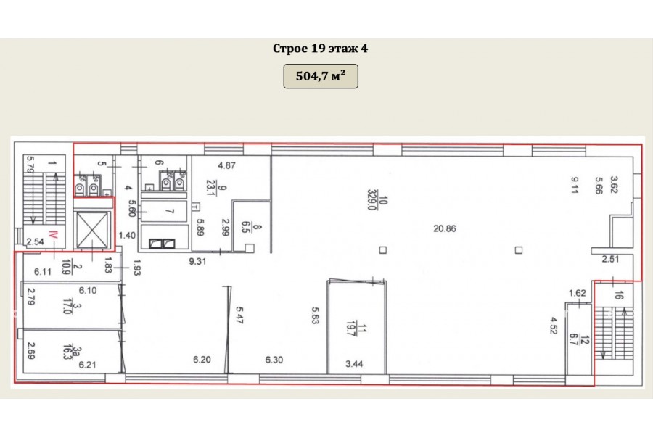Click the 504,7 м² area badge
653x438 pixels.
(321, 76)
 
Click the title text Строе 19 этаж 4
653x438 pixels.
(320, 49)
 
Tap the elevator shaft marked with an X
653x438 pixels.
(92, 230)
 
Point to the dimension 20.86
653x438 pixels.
(444, 228)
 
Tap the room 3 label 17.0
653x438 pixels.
(67, 306)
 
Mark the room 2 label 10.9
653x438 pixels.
(66, 266)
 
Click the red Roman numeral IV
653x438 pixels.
(53, 234)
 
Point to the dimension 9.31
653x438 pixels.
(197, 262)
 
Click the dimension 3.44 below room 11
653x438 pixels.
(354, 364)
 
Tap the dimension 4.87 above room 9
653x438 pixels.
(226, 165)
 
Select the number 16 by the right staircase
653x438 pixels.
(618, 296)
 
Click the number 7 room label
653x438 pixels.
(170, 212)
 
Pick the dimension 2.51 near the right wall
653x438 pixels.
(610, 259)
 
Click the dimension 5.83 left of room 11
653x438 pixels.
(316, 315)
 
